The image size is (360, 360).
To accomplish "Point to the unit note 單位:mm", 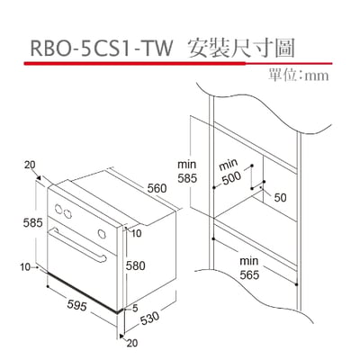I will click(299, 76).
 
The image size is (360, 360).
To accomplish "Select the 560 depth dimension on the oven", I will click(157, 188).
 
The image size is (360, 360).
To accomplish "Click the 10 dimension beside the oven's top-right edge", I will click(136, 232).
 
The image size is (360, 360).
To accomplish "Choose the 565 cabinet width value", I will click(250, 274).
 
